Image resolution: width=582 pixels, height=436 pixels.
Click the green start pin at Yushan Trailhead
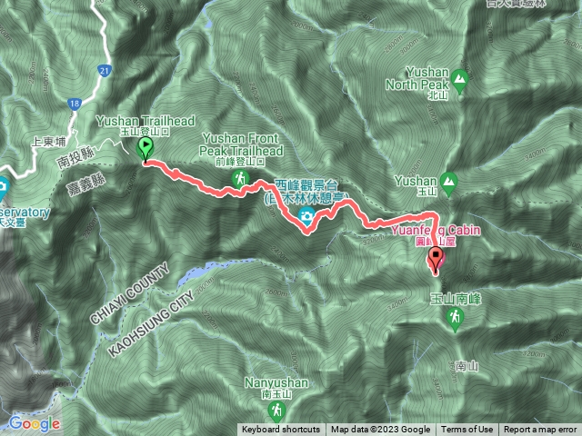coord(145,148)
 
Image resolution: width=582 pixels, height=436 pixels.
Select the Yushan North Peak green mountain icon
coord(460,79)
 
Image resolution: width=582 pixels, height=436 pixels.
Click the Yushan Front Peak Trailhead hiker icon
coord(239,178)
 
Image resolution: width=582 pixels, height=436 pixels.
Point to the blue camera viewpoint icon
coord(307,215)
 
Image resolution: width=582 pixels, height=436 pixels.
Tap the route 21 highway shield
coord(106,70)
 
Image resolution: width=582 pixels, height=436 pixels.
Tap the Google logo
coord(35,423)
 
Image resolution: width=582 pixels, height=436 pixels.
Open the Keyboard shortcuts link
coord(280,430)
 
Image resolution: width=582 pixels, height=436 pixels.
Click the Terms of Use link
coord(467,430)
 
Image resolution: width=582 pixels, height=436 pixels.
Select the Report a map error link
coord(540,430)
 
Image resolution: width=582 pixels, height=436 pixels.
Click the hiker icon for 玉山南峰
coord(454,317)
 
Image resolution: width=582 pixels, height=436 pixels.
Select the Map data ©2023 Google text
coord(380,430)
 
